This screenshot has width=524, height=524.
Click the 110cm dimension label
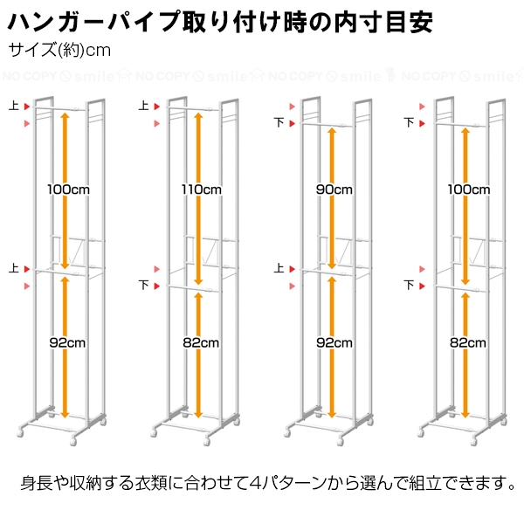point(202,190)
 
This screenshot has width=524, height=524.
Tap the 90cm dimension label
point(334,190)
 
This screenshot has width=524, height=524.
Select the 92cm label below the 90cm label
point(334,343)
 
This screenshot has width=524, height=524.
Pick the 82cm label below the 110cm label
point(201,343)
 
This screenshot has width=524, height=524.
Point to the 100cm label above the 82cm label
point(469,190)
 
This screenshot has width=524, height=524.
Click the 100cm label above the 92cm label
point(68,190)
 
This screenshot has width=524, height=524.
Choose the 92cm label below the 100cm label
point(67,343)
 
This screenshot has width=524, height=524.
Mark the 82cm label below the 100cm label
point(468,343)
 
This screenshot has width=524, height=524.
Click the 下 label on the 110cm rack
point(144,285)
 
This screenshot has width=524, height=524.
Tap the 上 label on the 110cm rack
point(144,106)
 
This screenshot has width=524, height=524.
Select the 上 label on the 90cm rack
point(279,268)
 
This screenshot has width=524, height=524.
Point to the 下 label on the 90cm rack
point(279,122)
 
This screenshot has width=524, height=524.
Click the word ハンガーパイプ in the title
point(94,22)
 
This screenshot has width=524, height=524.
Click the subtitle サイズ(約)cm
point(59,51)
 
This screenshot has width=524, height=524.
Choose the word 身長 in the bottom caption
point(37,483)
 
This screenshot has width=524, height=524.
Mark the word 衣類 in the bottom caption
point(151,483)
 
